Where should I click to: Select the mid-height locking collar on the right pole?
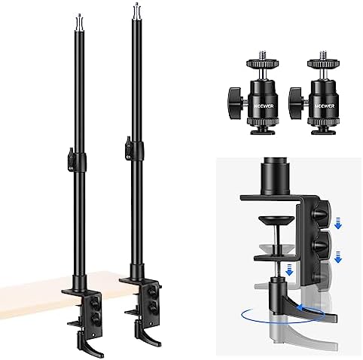click(135, 143)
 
